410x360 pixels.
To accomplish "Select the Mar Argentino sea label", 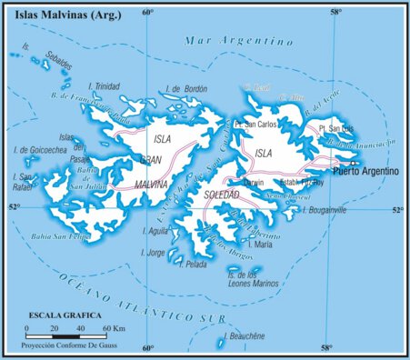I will (238, 41).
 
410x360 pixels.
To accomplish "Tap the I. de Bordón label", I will (188, 89).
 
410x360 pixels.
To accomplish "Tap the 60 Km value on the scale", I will (113, 327).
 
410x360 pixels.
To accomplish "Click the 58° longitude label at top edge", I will (335, 12).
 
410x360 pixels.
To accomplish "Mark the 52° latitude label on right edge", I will (397, 211).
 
